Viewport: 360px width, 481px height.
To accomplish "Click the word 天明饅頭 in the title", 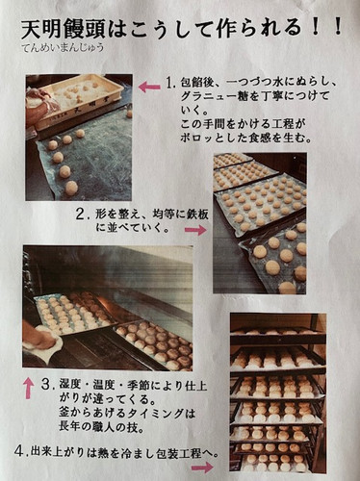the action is [x=64, y=29].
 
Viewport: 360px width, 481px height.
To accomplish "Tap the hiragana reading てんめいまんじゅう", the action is [x=64, y=48].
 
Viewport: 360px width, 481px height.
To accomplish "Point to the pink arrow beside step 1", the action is [x=149, y=87].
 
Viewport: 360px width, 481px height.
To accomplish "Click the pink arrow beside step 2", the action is [x=196, y=230].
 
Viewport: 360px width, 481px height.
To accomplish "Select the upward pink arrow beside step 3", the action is [x=30, y=388].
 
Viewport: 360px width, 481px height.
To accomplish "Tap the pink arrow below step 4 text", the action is [x=202, y=468].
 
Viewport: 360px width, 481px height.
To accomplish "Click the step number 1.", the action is [x=169, y=83].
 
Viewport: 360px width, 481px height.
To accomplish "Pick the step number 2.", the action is [x=82, y=215].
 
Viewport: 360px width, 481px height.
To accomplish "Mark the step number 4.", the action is [x=20, y=452].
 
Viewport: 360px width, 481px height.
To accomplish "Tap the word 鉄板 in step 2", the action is [x=197, y=215].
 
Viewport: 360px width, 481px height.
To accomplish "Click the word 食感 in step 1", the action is [x=260, y=138].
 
